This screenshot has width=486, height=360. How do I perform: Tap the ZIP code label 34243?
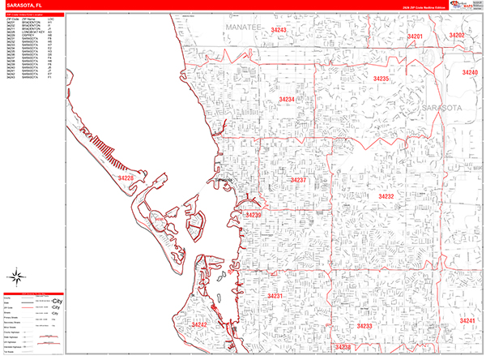click(x=279, y=30)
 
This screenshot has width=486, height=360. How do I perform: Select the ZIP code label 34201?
click(x=415, y=36)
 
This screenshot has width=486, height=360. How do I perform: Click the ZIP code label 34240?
click(x=470, y=73)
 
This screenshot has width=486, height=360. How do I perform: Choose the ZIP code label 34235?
click(x=381, y=79)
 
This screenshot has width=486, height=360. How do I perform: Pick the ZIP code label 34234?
click(x=285, y=99)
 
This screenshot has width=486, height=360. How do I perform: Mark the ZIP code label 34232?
click(x=386, y=196)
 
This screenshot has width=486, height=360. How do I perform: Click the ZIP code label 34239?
click(x=254, y=215)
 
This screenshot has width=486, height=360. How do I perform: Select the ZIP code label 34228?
click(x=126, y=176)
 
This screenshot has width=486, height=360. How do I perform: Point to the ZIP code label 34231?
click(x=276, y=296)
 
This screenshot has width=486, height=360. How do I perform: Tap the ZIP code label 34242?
click(x=199, y=324)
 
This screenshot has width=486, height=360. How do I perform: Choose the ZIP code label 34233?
click(x=364, y=325)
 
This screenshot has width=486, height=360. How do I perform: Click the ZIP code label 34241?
click(x=467, y=321)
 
